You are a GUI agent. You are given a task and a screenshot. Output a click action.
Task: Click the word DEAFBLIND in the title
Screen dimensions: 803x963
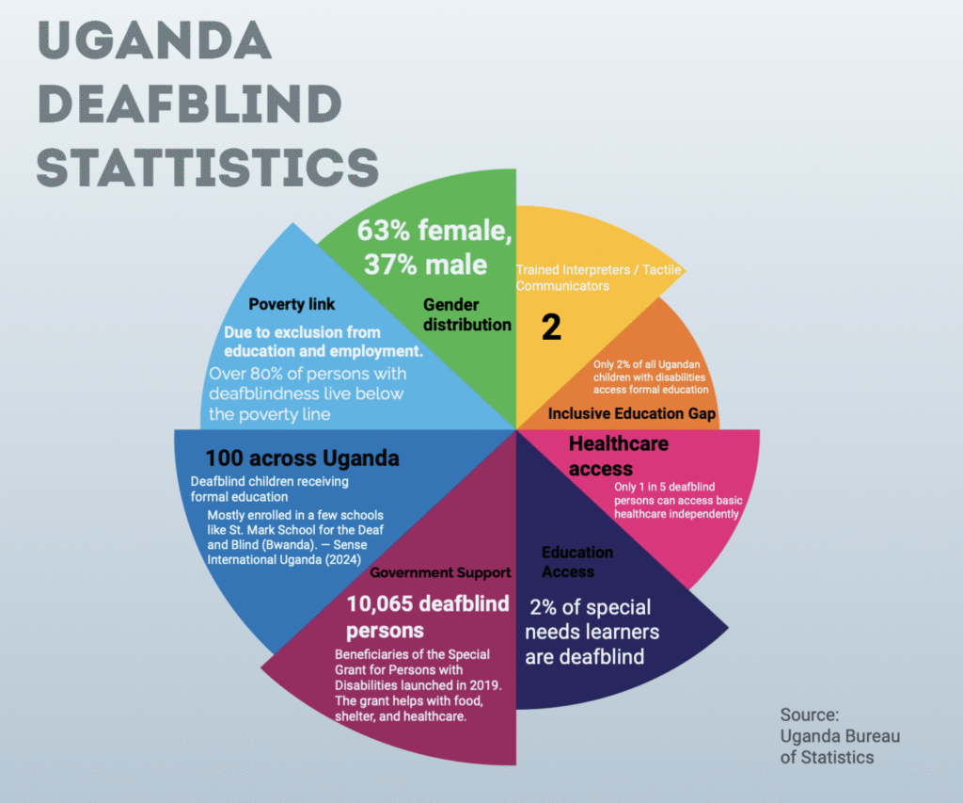tap(188, 104)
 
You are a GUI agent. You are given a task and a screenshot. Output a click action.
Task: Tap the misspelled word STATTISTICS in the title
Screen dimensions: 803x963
tap(207, 167)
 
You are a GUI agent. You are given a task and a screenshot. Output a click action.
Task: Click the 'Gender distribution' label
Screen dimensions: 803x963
tap(466, 314)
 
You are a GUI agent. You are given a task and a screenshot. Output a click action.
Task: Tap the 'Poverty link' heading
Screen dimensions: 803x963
tap(292, 304)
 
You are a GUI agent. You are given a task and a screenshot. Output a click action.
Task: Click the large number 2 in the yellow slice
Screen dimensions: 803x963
tap(551, 328)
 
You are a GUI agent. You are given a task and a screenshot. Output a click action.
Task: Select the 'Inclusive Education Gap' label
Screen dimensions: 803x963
tap(632, 413)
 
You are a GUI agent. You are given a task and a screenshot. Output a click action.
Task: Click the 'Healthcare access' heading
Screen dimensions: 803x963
tap(618, 456)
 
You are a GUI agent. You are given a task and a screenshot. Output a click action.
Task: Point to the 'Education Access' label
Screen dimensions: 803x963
tap(576, 561)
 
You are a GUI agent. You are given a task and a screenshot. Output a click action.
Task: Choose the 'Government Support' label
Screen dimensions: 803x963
tap(440, 572)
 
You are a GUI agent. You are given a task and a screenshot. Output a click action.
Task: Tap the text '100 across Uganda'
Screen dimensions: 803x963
tap(303, 458)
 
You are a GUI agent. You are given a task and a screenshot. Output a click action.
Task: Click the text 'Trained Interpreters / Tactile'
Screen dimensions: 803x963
tap(598, 270)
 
